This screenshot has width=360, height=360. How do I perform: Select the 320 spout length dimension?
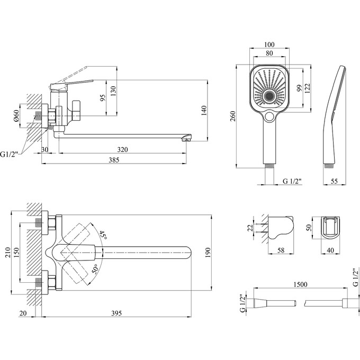tap(122, 149)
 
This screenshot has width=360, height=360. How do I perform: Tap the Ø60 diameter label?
tap(16, 115)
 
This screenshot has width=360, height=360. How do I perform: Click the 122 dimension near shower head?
tap(309, 88)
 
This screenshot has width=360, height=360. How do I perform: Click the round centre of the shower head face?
tap(271, 96)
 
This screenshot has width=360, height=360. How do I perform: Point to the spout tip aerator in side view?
tap(186, 139)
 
